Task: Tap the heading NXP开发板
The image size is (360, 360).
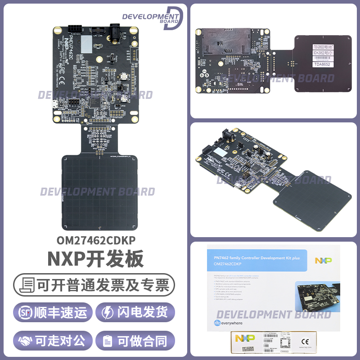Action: click(95, 259)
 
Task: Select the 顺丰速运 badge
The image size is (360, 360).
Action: click(53, 313)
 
